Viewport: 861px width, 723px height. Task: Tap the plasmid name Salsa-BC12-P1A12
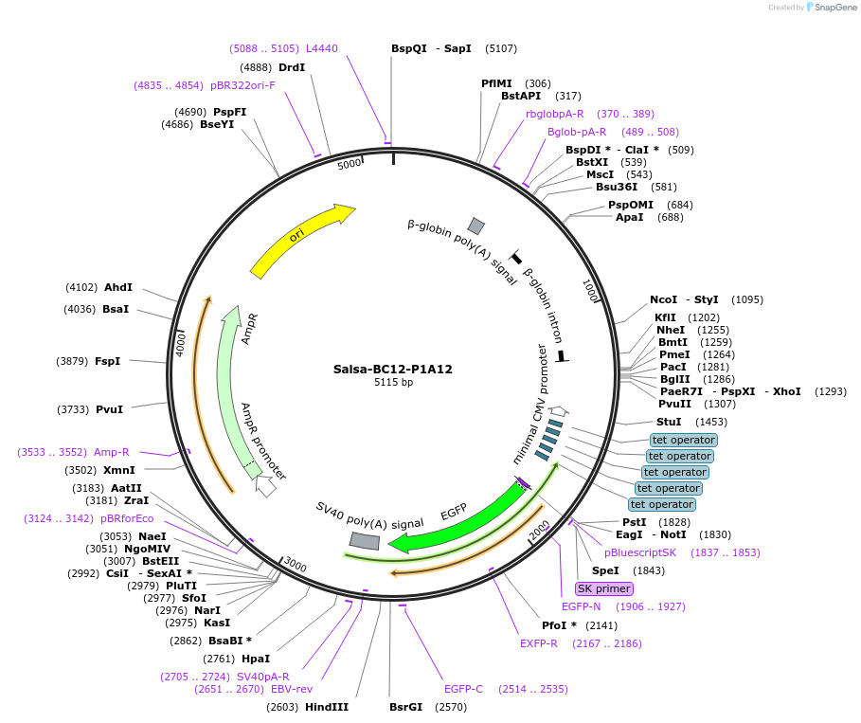coord(392,369)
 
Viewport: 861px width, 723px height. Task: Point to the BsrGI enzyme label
coord(406,707)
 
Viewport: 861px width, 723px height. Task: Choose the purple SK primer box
coord(604,588)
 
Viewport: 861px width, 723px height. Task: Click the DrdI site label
coord(292,67)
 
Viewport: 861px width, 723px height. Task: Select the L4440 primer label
coord(322,48)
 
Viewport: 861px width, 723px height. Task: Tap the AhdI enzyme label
coord(118,287)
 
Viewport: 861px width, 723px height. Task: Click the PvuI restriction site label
coord(109,409)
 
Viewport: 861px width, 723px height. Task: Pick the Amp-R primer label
coord(112,452)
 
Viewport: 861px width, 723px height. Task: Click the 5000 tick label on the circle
coord(350,164)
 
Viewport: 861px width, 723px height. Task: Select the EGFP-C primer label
coord(463,689)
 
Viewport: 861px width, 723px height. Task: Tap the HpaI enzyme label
coord(256,659)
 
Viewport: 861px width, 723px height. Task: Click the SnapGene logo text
coord(837,7)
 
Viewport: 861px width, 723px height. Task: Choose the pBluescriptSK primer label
coord(641,552)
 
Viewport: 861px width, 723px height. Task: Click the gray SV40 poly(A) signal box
coord(365,540)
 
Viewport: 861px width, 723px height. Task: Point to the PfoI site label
coord(553,625)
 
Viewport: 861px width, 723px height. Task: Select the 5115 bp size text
coord(392,383)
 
